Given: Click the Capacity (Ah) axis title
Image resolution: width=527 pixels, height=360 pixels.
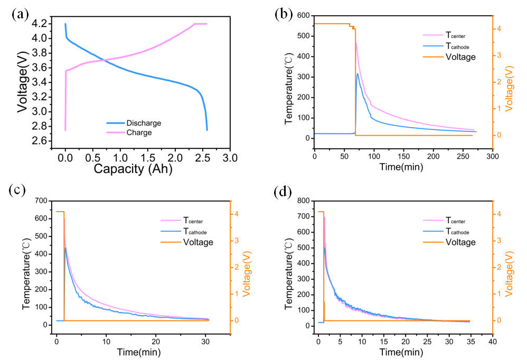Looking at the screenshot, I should coord(133,169).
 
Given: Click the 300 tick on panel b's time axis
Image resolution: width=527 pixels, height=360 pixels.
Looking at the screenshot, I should coord(493,158).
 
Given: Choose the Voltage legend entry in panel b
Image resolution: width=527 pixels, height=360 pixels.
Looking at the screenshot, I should coord(460,57).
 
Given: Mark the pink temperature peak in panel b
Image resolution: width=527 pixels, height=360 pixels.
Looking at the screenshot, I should coord(356,43).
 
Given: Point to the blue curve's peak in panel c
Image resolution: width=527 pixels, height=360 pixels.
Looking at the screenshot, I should coord(65,248).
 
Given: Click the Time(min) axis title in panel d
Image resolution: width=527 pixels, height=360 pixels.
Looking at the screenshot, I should coord(404,351).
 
